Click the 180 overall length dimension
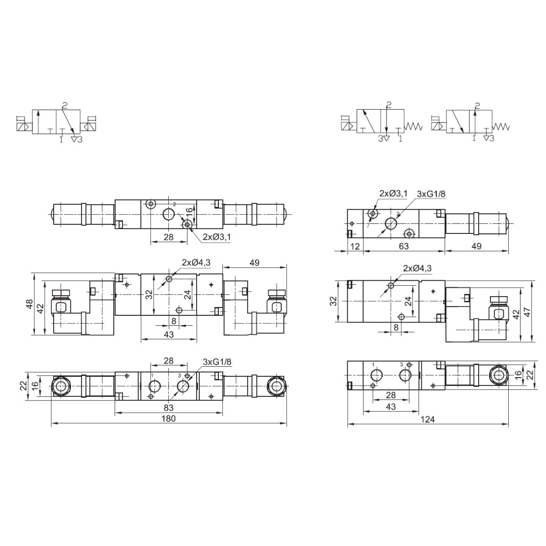pos(168,419)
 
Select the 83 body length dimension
pos(169,408)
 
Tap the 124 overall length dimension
pos(428,419)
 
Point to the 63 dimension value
pos(404,246)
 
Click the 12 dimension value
pos(355,246)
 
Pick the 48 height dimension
pos(30,304)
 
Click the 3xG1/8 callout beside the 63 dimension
pos(431,194)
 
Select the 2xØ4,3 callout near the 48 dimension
pos(196,263)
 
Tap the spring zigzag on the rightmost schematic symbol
pos(501,126)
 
